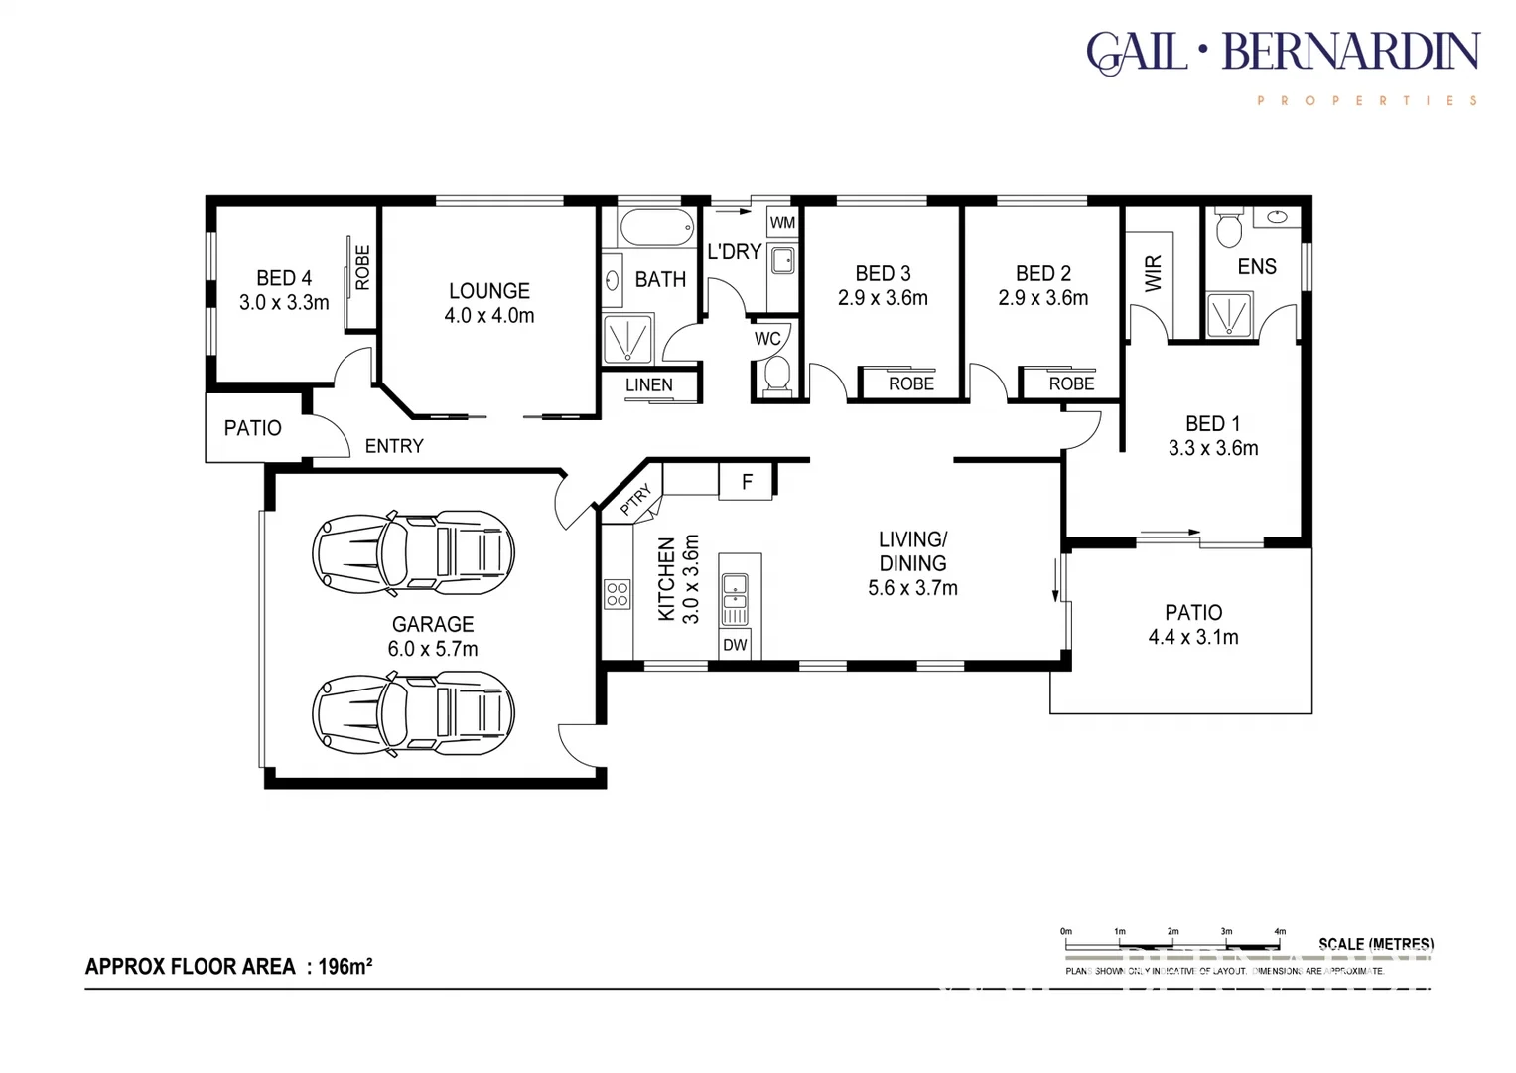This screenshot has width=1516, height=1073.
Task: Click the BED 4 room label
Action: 284,278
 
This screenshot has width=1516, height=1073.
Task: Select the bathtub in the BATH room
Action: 656,228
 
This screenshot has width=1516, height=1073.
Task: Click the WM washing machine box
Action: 782,222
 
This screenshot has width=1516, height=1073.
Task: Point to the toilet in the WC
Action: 775,375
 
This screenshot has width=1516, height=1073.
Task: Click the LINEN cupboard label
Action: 649,385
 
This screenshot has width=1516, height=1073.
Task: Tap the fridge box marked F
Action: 747,482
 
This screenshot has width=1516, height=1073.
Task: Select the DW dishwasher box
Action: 735,645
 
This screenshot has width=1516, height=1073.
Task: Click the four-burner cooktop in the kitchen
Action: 617,594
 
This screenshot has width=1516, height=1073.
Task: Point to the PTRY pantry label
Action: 636,499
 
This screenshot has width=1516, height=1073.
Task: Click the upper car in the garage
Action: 413,553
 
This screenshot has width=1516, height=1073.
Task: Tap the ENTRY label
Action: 394,446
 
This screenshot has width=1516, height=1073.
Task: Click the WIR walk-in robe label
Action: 1153,273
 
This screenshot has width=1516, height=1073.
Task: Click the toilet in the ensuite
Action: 1229,228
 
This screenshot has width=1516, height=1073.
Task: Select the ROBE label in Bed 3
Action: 910,383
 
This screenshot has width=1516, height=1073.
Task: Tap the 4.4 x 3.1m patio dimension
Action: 1193,637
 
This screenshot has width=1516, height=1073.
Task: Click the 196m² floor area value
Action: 345,966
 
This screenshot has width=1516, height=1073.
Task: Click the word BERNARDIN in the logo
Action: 1350,52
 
